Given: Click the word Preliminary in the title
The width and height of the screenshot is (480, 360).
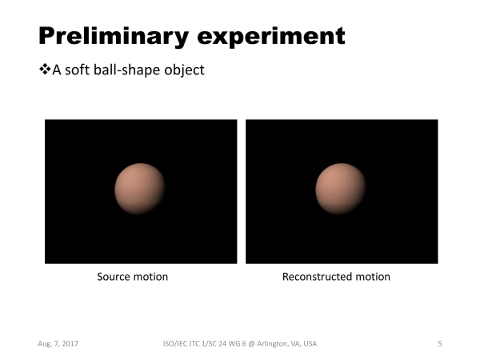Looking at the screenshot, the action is (x=114, y=37).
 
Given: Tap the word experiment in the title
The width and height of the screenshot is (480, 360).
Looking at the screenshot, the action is (x=271, y=37).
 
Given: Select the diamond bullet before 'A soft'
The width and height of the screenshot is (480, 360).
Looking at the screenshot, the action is (x=45, y=69).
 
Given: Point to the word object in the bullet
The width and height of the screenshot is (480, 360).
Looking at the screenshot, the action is (x=184, y=70).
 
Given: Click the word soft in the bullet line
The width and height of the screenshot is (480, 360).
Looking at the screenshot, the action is (x=78, y=70).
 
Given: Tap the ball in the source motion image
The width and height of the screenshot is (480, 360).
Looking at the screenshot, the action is (x=140, y=189).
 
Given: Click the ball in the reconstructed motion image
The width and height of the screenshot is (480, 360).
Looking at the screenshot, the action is (x=341, y=189).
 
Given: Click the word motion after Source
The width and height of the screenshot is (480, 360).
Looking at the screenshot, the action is (x=150, y=277).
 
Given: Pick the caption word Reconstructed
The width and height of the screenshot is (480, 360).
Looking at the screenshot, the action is (x=317, y=277).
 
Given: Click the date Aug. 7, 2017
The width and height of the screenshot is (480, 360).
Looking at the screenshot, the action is (x=58, y=344).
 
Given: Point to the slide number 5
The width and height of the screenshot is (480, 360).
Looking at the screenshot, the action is (x=440, y=344).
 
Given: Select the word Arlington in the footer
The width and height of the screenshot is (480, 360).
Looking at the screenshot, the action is (x=273, y=344).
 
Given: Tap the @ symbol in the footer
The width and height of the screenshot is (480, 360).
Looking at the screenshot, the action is (x=251, y=344).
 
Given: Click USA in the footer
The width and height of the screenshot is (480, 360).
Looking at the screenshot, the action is (x=310, y=344).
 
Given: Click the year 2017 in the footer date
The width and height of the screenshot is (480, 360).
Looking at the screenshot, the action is (x=70, y=344).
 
